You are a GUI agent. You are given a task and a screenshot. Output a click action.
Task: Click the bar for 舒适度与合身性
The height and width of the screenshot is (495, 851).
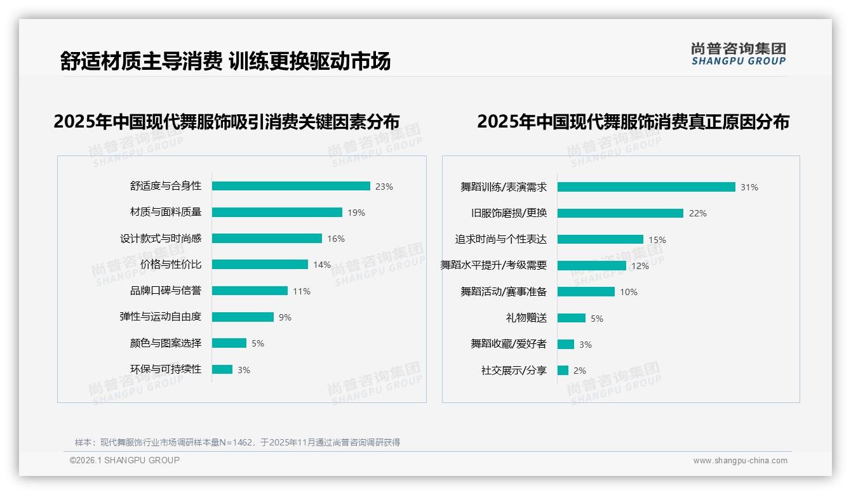(x=291, y=186)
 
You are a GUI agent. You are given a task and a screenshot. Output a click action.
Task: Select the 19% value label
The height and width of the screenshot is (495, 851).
(x=356, y=213)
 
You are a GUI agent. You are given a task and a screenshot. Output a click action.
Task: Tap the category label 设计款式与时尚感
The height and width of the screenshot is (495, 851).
(x=161, y=239)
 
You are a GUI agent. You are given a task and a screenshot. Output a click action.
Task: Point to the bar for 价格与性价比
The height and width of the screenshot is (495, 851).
(x=260, y=265)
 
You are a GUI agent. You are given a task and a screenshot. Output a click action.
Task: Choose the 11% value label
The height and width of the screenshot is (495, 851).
(x=302, y=291)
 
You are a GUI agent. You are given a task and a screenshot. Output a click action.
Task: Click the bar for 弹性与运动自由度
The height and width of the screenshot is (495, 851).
(x=243, y=317)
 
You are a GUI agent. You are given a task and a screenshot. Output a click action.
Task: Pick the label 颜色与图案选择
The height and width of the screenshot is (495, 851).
(x=166, y=343)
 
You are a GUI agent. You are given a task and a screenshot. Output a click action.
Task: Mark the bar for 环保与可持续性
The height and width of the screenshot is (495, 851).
(x=222, y=369)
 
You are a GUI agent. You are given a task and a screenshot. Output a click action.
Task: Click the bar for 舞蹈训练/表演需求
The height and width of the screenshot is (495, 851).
(x=646, y=187)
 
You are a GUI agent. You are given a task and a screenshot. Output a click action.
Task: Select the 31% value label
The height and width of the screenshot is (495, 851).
(x=749, y=187)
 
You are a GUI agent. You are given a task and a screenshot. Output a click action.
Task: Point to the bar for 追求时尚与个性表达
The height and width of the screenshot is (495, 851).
(x=600, y=239)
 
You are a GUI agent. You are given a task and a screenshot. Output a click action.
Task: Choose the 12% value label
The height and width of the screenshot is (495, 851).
(x=640, y=266)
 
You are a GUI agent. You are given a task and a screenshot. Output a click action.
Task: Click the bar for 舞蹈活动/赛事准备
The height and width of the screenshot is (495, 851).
(x=586, y=292)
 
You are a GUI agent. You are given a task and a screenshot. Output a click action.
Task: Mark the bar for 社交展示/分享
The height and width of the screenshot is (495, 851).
(x=563, y=370)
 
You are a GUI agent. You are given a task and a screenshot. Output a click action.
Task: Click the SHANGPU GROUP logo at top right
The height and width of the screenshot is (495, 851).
(x=739, y=54)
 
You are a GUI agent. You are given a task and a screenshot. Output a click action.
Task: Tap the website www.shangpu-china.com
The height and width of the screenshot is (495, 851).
(x=740, y=461)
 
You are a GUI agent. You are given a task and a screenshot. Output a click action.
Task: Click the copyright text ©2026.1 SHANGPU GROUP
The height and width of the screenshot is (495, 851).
(x=124, y=460)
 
